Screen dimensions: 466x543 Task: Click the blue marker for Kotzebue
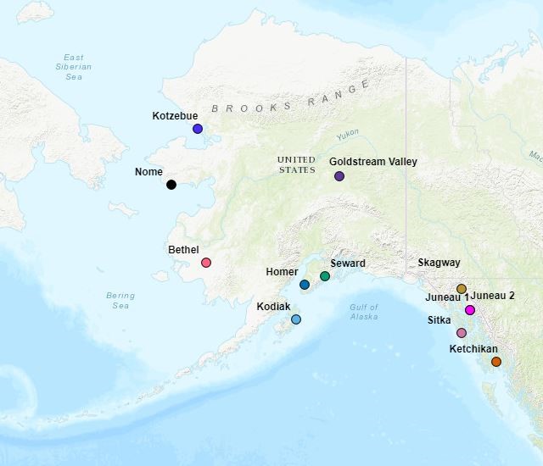tap(198, 129)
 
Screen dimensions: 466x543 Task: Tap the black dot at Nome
tap(171, 185)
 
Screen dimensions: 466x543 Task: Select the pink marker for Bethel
tap(206, 263)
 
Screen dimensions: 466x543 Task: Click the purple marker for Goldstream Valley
tap(339, 176)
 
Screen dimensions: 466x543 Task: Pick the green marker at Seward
tap(325, 276)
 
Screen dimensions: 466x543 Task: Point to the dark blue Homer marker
tap(305, 285)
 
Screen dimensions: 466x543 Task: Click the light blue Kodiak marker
tap(296, 319)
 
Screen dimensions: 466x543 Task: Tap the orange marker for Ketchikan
tap(496, 362)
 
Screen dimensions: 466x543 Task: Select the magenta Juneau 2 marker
tap(470, 310)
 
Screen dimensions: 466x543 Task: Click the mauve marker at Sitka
tap(462, 333)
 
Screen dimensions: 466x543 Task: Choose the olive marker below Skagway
tap(462, 289)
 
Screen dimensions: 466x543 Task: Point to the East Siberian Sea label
tap(74, 66)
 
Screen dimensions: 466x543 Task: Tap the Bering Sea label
tap(120, 300)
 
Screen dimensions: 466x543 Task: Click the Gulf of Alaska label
tap(364, 312)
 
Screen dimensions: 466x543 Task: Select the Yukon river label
tap(347, 135)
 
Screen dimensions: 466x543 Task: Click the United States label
tap(296, 164)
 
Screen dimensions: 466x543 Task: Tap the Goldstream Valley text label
tap(372, 161)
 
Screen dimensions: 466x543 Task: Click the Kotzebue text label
tap(175, 115)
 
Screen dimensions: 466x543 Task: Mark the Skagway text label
tap(439, 263)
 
